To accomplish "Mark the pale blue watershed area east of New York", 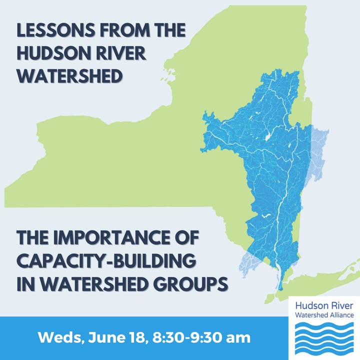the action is click(x=318, y=151).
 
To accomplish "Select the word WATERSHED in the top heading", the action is click(x=69, y=76).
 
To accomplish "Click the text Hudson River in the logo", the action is click(x=324, y=306).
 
